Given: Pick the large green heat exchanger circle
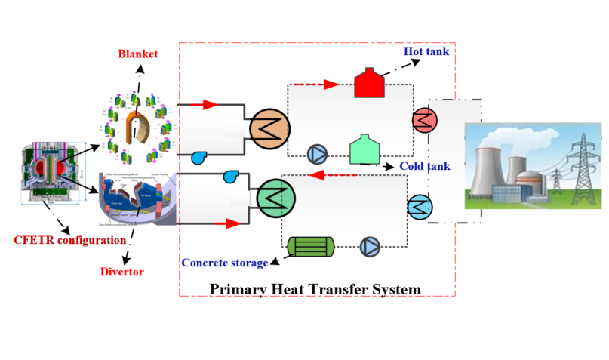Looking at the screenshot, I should click(275, 198).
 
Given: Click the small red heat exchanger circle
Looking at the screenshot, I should click(424, 119).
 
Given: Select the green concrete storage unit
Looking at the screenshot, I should click(311, 246).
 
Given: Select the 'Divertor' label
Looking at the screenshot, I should click(122, 271).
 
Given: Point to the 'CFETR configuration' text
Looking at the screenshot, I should click(69, 241).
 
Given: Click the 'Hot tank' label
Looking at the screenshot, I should click(426, 51).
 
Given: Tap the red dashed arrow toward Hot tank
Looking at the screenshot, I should click(312, 84).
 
